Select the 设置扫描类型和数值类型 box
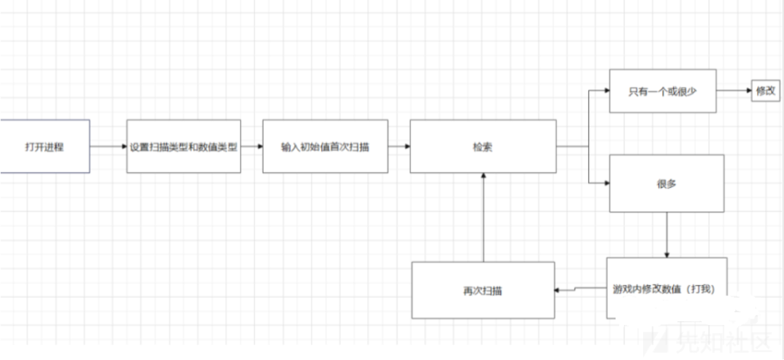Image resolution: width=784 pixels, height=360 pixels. (x=183, y=146)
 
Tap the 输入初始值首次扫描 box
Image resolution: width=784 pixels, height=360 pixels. (x=324, y=146)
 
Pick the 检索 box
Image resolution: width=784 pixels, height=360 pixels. (x=483, y=146)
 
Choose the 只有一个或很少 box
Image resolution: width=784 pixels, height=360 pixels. (x=662, y=91)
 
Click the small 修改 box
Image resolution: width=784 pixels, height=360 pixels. (x=765, y=91)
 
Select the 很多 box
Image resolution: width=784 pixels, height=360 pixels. (x=666, y=184)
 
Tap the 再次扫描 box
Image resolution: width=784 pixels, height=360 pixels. (x=483, y=290)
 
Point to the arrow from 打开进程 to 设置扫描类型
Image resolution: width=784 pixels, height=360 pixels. (x=108, y=146)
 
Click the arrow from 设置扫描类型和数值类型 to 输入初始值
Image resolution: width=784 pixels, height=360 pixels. (x=251, y=146)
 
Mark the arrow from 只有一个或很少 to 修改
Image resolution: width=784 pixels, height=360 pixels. (x=733, y=91)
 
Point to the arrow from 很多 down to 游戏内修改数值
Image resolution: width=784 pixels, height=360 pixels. (x=666, y=234)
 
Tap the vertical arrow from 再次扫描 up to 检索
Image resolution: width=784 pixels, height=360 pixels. (x=483, y=218)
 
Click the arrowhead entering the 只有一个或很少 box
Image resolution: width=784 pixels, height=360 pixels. (x=605, y=91)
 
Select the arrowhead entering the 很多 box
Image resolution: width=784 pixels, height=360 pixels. (x=605, y=184)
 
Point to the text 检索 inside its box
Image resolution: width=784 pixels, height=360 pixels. (x=483, y=146)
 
